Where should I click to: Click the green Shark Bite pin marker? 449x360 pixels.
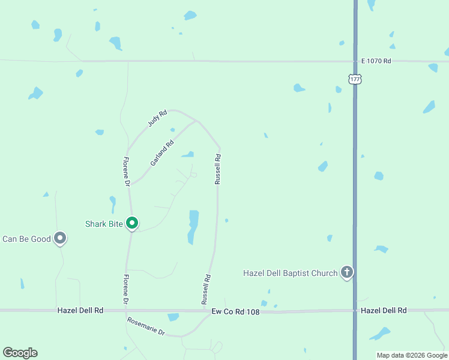coord(132,223)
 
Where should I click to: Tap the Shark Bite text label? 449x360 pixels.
coord(104,224)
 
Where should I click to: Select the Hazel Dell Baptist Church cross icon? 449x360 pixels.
coord(346,273)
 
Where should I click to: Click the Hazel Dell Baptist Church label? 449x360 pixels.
coord(290,274)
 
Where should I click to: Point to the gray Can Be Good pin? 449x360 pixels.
coord(59,238)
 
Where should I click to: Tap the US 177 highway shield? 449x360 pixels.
coord(355,79)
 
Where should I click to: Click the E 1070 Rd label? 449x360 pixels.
coord(376,61)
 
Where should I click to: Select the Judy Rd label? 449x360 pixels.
coord(157,118)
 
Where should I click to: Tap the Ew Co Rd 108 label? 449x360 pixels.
coord(235,311)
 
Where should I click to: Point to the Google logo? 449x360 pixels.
coord(20,353)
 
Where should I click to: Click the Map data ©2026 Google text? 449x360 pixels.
coord(411,355)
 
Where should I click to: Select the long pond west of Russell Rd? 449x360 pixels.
coord(193,226)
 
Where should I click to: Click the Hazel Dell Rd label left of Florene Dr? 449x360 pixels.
coord(80,310)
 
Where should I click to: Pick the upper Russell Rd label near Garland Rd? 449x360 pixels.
coord(218,169)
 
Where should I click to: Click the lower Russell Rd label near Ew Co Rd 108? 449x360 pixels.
coord(206,289)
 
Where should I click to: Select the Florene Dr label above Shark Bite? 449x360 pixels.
coord(127,172)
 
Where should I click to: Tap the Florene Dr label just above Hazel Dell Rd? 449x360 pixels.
coord(126,289)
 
